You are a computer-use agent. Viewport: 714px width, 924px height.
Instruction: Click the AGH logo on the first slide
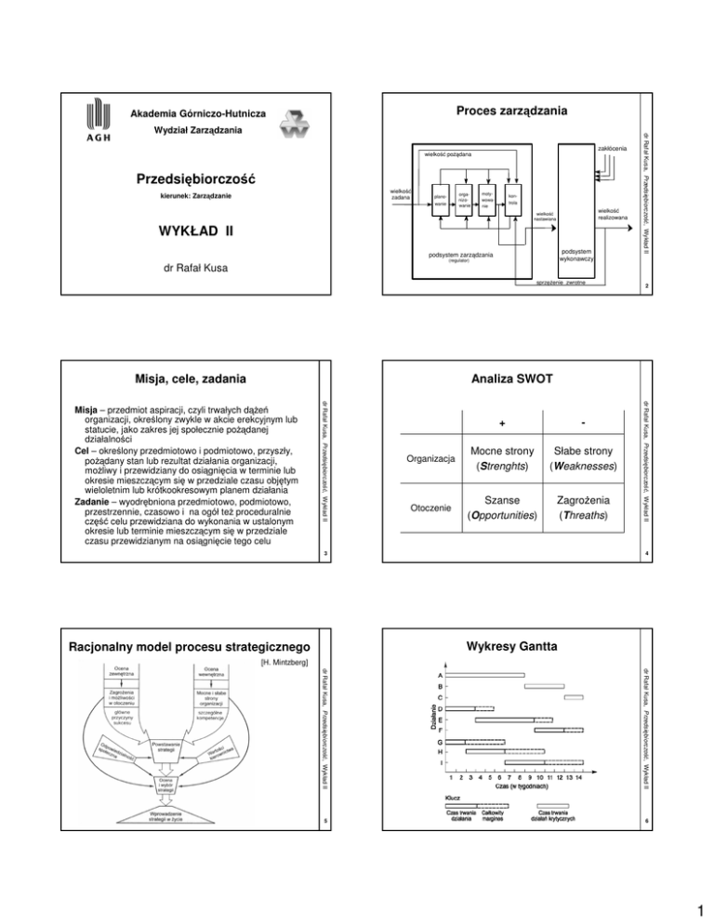click(96, 131)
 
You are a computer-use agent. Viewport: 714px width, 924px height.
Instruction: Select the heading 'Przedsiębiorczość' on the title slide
click(182, 178)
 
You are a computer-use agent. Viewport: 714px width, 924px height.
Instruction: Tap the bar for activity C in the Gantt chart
click(573, 696)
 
